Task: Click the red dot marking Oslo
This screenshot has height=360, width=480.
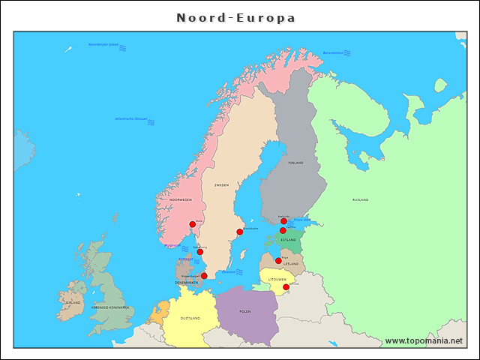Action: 192,224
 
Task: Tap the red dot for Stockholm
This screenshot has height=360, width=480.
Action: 240,232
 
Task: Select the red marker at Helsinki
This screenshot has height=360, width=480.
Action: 283,221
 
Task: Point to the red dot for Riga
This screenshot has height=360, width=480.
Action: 278,261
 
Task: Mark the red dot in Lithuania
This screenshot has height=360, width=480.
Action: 286,286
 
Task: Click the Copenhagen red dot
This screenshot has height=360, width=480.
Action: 204,275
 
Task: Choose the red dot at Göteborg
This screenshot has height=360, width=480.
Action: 199,252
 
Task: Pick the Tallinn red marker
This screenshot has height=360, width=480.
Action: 283,231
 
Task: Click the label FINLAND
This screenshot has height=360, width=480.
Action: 295,163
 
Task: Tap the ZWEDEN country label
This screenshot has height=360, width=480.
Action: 221,184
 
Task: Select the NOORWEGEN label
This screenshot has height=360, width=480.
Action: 180,200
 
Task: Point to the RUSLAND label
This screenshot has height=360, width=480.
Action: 360,200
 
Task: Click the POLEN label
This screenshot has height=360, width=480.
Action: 245,310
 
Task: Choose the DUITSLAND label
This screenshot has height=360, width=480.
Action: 190,318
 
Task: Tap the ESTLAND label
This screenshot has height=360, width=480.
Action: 289,240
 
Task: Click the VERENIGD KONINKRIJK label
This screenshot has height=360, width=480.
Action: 110,307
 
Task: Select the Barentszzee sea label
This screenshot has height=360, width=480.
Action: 333,52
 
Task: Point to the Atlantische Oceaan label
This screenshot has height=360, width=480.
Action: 130,118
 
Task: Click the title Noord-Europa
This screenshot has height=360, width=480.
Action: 235,17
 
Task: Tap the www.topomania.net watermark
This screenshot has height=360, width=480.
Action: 424,341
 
